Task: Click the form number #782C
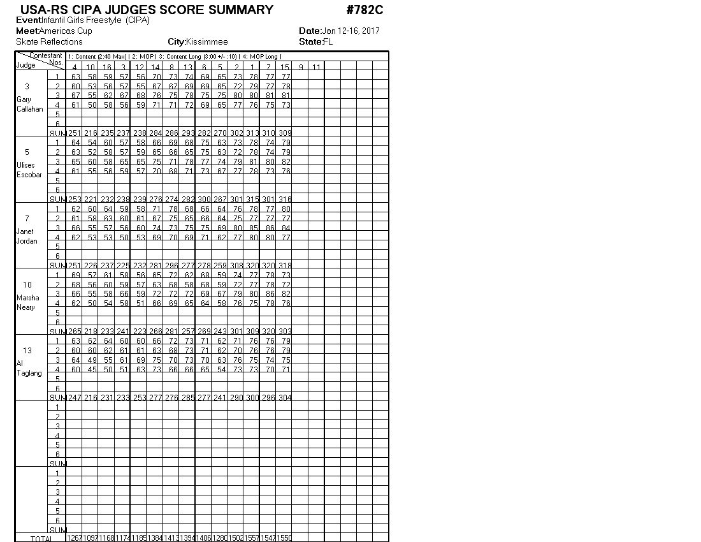[365, 10]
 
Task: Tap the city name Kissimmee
[206, 42]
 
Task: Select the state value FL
[328, 42]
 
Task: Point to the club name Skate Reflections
[49, 42]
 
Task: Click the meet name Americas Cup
[66, 31]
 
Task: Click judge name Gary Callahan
[29, 104]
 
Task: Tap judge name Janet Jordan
[27, 236]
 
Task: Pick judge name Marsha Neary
[28, 302]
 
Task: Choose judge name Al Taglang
[29, 368]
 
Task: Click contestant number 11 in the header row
[317, 67]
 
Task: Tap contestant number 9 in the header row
[300, 67]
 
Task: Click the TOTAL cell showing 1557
[252, 538]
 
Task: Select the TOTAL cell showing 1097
[90, 538]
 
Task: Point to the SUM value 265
[75, 331]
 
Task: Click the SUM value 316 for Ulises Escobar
[284, 199]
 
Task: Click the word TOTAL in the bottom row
[42, 538]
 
